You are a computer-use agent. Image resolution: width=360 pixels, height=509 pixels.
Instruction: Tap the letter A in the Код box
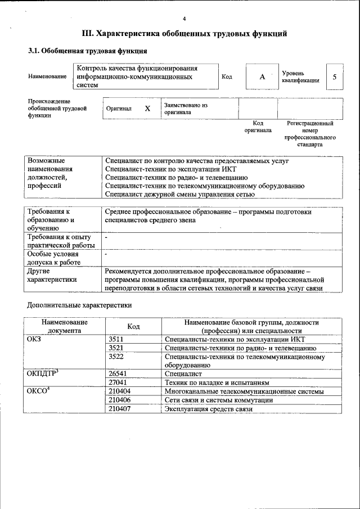point(262,77)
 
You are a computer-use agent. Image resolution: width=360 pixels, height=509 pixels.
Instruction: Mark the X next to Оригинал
point(147,109)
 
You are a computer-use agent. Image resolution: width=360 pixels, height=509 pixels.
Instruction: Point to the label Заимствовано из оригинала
point(186,109)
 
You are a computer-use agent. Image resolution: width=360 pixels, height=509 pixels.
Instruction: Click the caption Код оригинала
point(258,127)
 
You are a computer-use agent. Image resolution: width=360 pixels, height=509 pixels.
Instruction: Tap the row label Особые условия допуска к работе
point(54,258)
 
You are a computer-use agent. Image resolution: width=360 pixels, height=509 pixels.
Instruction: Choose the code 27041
point(118,382)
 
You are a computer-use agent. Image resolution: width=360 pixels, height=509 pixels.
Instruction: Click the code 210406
point(119,400)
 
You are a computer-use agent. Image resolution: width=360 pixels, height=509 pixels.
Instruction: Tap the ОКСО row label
point(39,391)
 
